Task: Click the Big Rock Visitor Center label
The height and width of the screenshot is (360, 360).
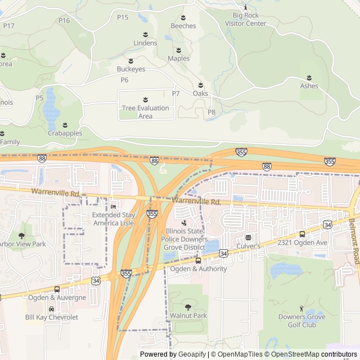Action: [x=245, y=20]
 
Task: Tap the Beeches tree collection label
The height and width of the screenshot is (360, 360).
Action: [x=183, y=26]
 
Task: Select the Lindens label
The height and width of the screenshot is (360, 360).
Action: [x=145, y=43]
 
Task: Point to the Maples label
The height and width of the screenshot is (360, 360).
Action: [x=178, y=58]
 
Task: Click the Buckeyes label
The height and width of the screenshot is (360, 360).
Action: [x=131, y=69]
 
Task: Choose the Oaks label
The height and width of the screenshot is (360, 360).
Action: [x=200, y=93]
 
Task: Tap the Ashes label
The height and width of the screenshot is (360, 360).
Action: [x=309, y=86]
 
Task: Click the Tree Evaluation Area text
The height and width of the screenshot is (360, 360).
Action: [x=145, y=112]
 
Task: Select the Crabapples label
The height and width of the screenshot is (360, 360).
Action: [x=65, y=133]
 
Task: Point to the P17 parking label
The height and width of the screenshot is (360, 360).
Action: [x=8, y=26]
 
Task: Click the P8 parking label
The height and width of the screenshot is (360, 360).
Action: [x=211, y=112]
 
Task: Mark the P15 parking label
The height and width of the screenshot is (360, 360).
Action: [x=123, y=17]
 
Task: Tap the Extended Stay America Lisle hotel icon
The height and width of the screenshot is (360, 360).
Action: [x=114, y=206]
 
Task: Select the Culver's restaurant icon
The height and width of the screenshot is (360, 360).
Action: [x=247, y=237]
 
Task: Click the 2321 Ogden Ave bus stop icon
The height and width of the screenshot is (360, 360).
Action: [x=302, y=234]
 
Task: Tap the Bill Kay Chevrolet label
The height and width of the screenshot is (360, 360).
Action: [x=52, y=317]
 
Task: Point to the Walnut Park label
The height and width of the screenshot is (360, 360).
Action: [x=188, y=316]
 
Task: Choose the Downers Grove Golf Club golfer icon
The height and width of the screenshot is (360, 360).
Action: [x=301, y=308]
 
